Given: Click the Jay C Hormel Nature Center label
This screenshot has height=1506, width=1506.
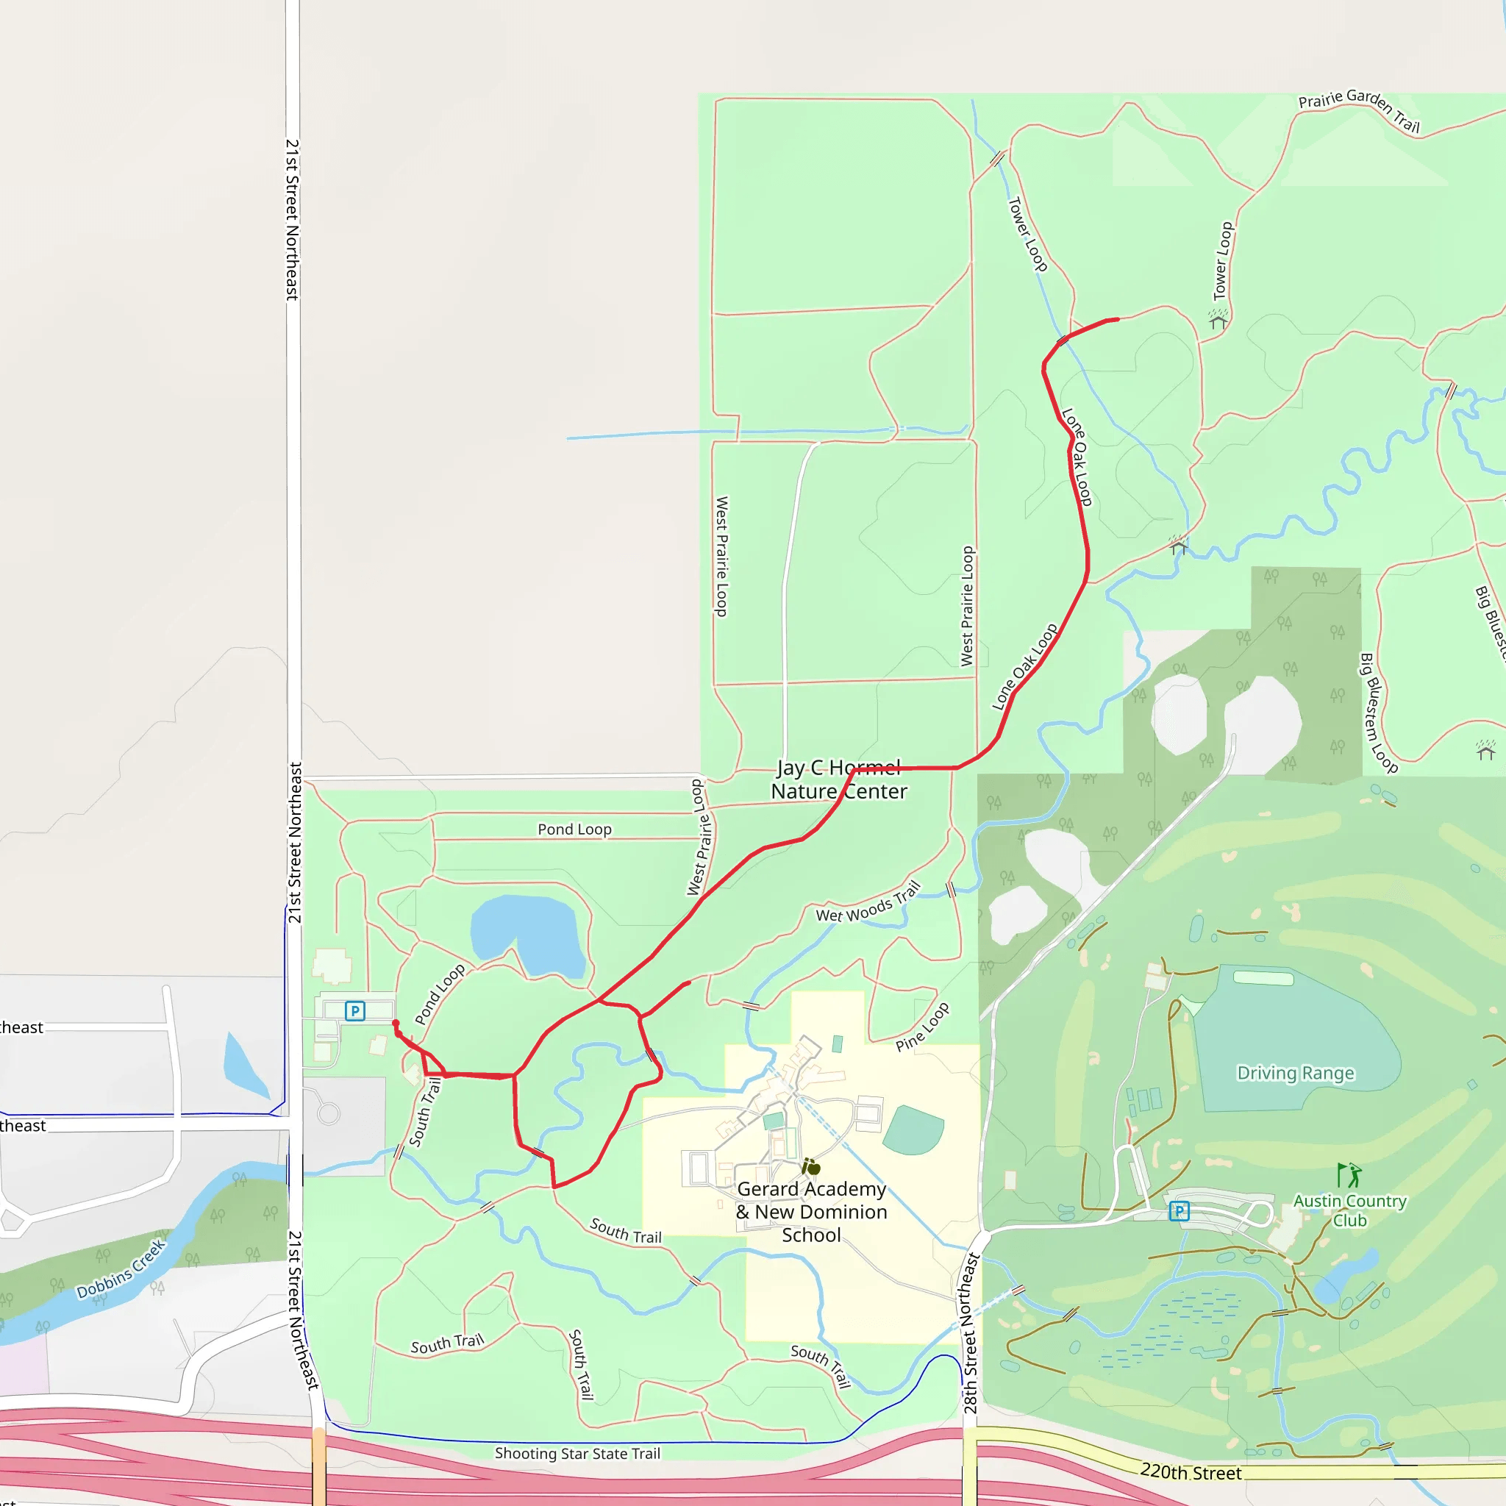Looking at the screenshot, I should (839, 779).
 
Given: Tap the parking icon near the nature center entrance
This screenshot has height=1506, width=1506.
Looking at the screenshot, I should (354, 1011).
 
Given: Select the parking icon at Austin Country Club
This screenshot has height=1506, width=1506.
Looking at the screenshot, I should (1179, 1210).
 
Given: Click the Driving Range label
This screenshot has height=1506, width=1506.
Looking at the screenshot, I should (1296, 1074).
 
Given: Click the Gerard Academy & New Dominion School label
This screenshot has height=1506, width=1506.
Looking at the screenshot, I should (812, 1211).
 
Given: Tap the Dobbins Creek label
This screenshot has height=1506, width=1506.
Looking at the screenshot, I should (121, 1269).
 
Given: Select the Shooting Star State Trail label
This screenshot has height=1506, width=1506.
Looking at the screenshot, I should (577, 1453).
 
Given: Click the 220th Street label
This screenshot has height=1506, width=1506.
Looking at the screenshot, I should (1191, 1471).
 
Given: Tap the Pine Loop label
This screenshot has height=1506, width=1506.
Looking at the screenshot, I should (922, 1027).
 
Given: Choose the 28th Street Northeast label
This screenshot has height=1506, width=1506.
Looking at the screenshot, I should (970, 1333).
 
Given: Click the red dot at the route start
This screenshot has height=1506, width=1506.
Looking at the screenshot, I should (396, 1024).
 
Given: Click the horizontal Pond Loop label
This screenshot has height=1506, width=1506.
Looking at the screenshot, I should (574, 829).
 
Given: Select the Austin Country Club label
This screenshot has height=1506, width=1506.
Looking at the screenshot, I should (1350, 1210).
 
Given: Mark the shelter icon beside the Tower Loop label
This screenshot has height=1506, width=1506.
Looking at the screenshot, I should (1218, 321).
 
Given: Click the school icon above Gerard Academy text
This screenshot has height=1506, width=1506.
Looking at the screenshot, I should (810, 1167).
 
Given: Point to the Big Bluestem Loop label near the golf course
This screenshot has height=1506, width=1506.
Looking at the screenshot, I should (1378, 713).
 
